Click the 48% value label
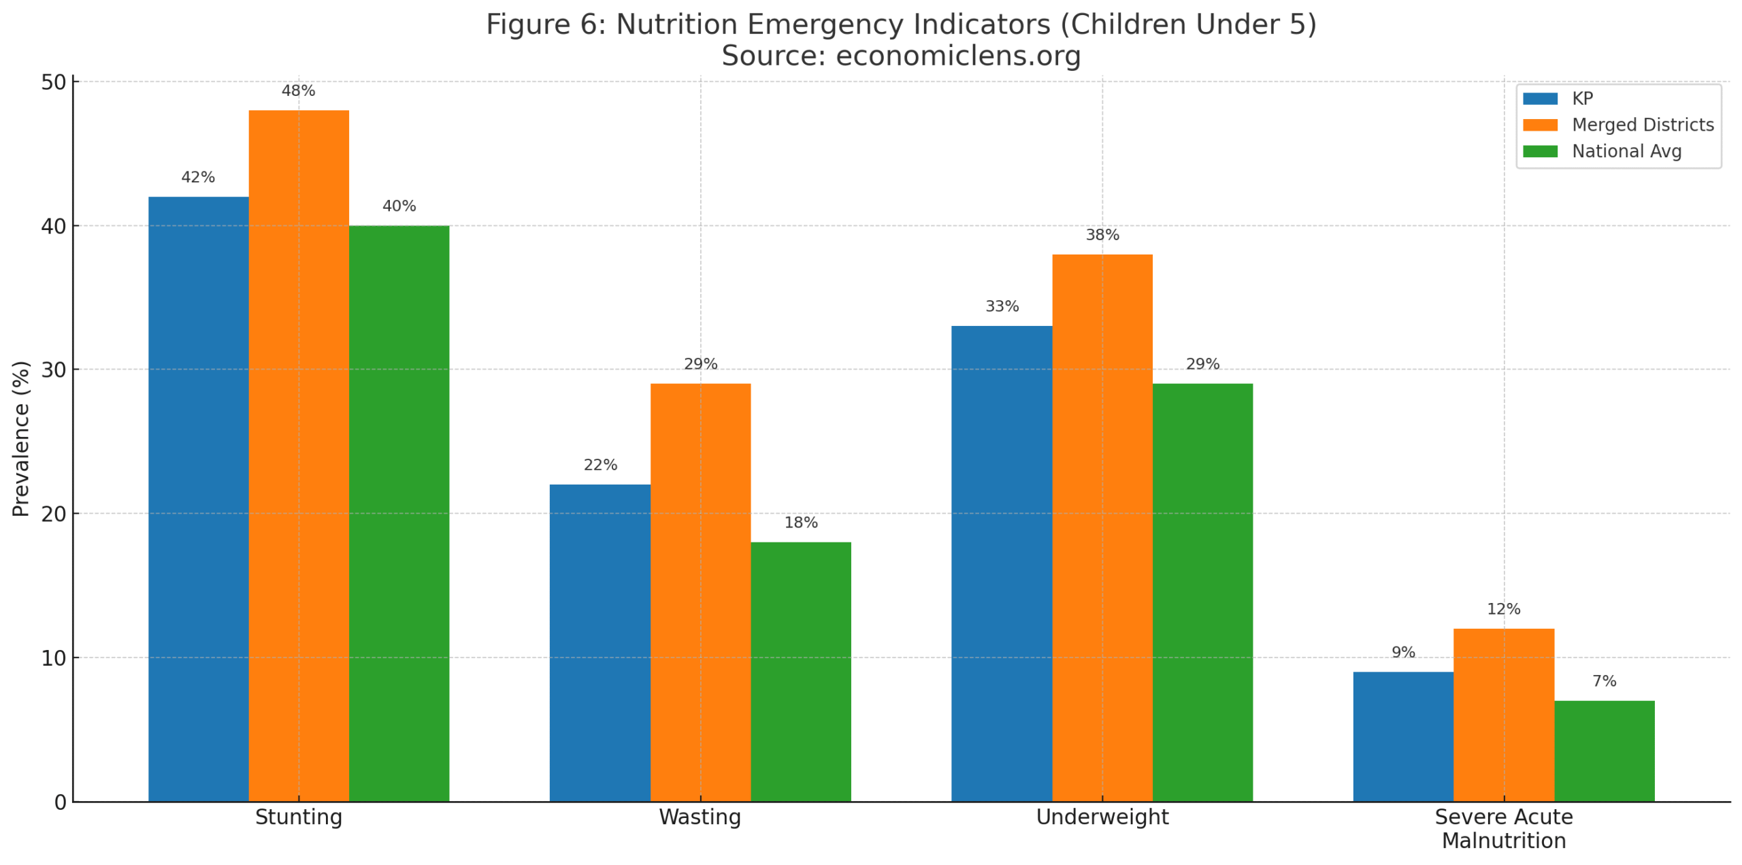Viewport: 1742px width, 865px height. pos(298,91)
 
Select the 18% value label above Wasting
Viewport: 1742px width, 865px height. pos(800,522)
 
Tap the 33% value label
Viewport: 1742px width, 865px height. pos(1001,306)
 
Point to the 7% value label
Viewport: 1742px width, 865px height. pos(1603,681)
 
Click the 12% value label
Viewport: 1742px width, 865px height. pos(1502,608)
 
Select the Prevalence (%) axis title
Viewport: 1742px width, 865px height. pos(21,438)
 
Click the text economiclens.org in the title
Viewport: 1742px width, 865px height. pos(957,56)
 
